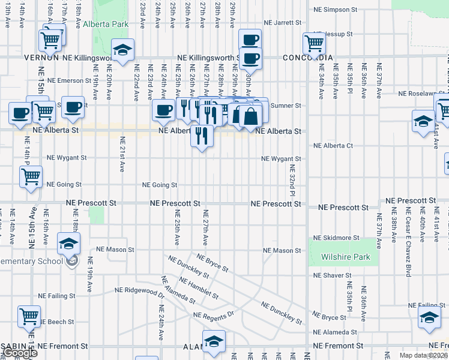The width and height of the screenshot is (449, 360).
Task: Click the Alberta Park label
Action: [x=106, y=24]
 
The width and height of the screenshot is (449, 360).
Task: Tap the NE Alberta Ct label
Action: [x=333, y=146]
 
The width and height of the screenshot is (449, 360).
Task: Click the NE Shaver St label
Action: [x=331, y=276]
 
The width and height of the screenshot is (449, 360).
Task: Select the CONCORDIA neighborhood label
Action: [x=307, y=58]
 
